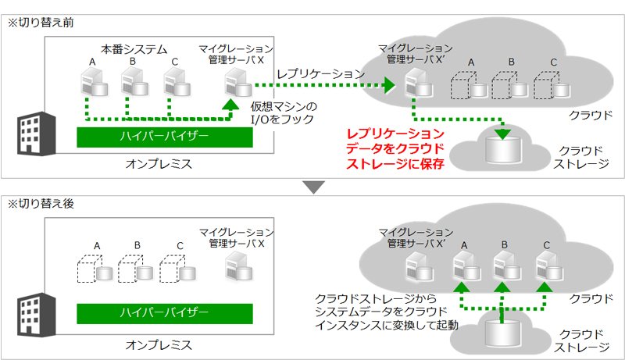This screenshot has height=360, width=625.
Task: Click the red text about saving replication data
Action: pyautogui.click(x=395, y=148)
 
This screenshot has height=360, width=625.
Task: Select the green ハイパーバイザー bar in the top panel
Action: pyautogui.click(x=165, y=137)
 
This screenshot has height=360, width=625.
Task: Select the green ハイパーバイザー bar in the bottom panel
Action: pyautogui.click(x=165, y=313)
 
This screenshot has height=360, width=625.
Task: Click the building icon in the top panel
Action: pyautogui.click(x=36, y=134)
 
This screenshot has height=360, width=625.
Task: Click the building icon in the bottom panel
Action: pyautogui.click(x=36, y=315)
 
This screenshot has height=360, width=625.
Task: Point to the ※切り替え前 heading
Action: pyautogui.click(x=41, y=23)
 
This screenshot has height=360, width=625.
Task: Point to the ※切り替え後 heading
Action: pyautogui.click(x=41, y=204)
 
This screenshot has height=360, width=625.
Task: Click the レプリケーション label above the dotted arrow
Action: pyautogui.click(x=321, y=73)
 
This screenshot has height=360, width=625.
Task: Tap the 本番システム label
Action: pyautogui.click(x=134, y=49)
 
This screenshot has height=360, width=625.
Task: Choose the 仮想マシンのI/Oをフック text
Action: pyautogui.click(x=284, y=112)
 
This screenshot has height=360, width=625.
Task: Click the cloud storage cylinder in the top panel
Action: pyautogui.click(x=503, y=150)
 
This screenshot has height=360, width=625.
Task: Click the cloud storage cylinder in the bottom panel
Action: pyautogui.click(x=502, y=333)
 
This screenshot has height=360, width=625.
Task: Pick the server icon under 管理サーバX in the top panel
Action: pyautogui.click(x=237, y=82)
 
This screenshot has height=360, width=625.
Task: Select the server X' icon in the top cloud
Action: pyautogui.click(x=419, y=82)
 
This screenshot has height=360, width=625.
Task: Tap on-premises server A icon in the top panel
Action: pyautogui.click(x=94, y=82)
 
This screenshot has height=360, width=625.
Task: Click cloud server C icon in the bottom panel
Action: pyautogui.click(x=549, y=266)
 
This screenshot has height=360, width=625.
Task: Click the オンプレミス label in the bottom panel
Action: pyautogui.click(x=159, y=345)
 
